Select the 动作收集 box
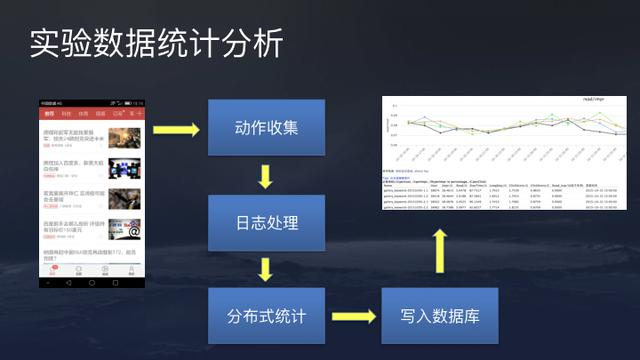pos(266,128)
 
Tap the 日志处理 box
pos(266,222)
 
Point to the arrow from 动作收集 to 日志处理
pos(266,176)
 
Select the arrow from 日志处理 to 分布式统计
pos(266,270)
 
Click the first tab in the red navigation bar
pos(48,115)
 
